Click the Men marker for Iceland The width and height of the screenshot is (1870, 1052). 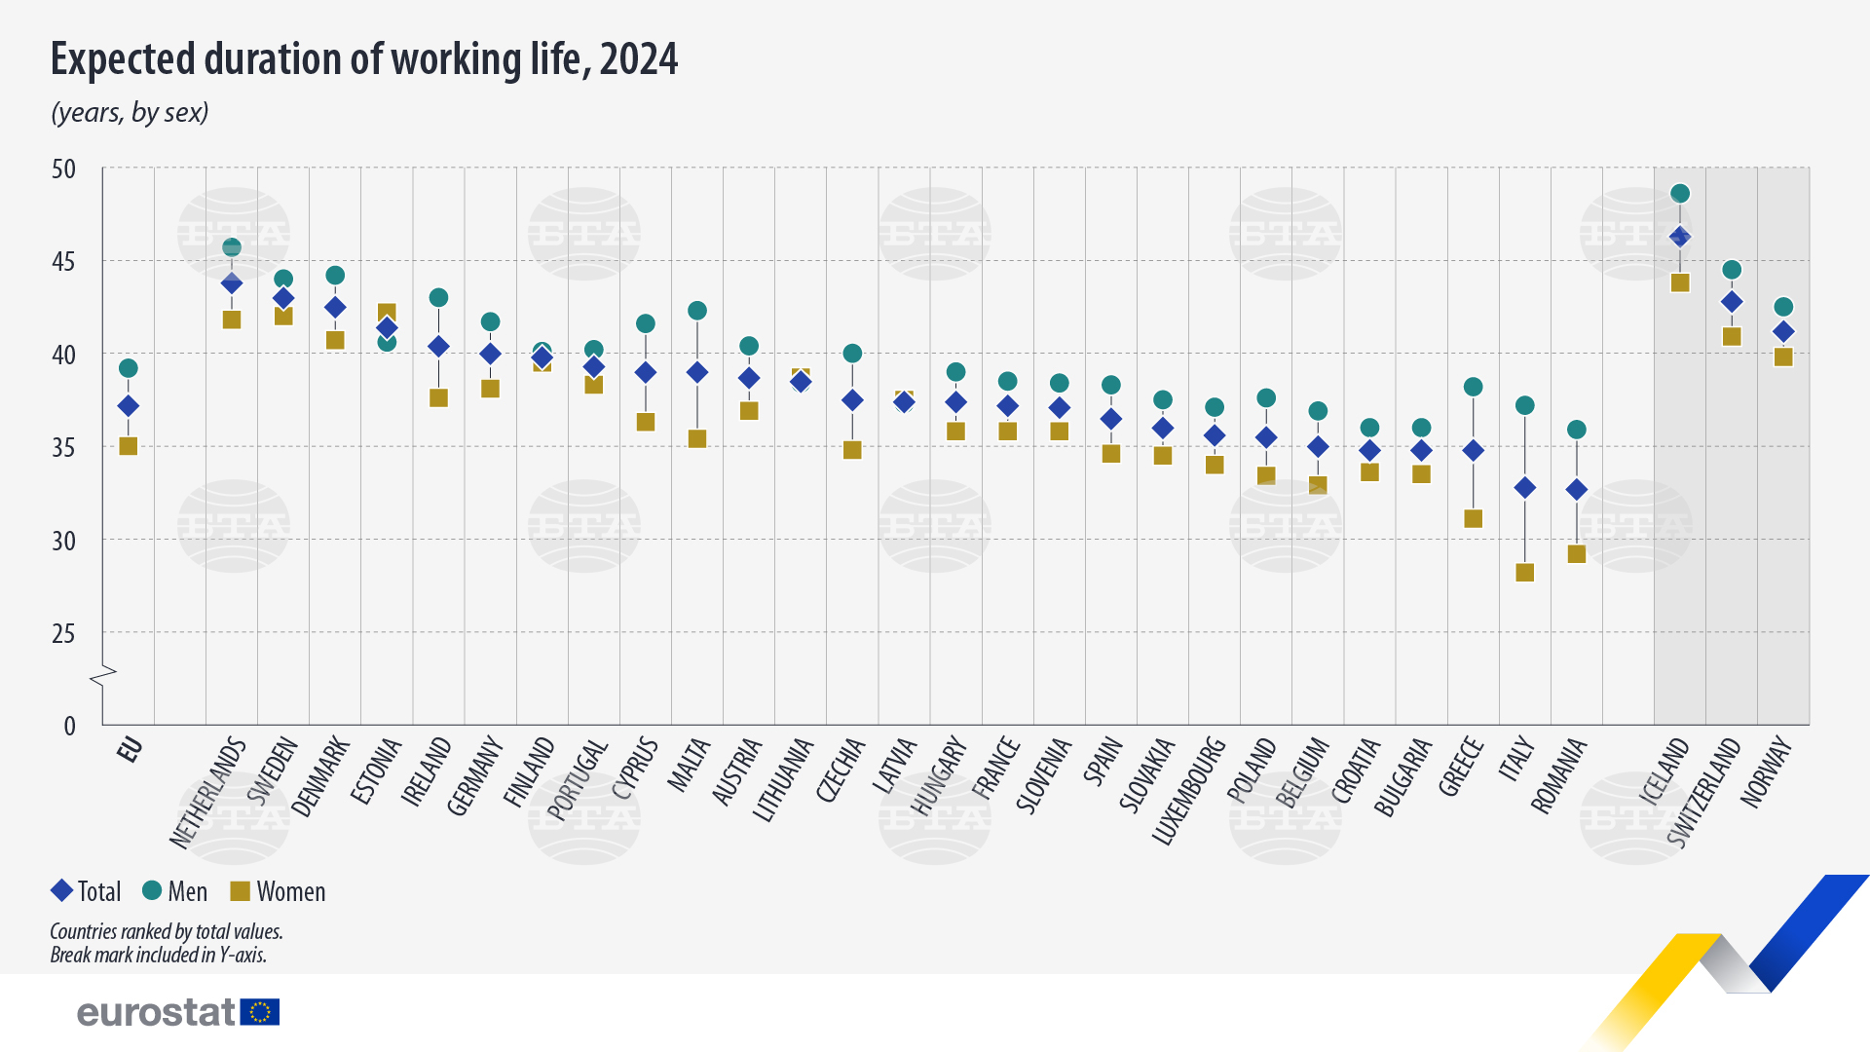point(1680,194)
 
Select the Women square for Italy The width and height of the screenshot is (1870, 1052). point(1525,573)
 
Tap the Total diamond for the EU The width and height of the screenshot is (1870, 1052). point(128,406)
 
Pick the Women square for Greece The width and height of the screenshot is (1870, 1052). point(1474,519)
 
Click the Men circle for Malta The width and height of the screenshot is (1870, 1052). point(697,311)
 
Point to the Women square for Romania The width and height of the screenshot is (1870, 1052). point(1577,554)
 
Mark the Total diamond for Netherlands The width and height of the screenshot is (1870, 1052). point(232,283)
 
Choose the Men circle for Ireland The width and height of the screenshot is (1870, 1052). point(439,298)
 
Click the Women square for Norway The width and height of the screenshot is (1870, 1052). point(1783,357)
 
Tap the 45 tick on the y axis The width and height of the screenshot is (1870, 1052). point(63,262)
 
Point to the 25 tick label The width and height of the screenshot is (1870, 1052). point(63,634)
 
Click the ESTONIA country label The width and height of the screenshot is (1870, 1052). point(376,771)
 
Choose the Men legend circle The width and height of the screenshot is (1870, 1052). point(152,890)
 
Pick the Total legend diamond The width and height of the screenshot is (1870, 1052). point(62,890)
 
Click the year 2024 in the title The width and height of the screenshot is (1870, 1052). point(639,59)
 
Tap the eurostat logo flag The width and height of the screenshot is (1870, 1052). point(260,1012)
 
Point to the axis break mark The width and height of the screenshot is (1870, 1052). point(103,675)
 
